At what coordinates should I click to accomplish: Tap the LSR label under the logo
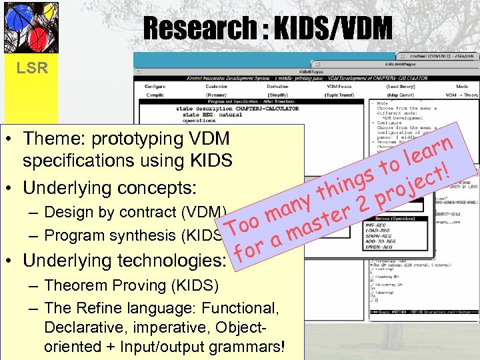(31, 67)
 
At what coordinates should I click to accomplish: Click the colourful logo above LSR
(31, 28)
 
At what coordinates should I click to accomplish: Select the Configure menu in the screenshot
(155, 87)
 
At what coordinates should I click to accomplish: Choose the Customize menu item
(216, 87)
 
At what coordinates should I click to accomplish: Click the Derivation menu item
(277, 87)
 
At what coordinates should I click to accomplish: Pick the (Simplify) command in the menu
(277, 95)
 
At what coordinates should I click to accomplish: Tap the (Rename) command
(216, 95)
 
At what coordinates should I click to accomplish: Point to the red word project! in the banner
(410, 183)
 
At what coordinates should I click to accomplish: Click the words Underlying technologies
(123, 259)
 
